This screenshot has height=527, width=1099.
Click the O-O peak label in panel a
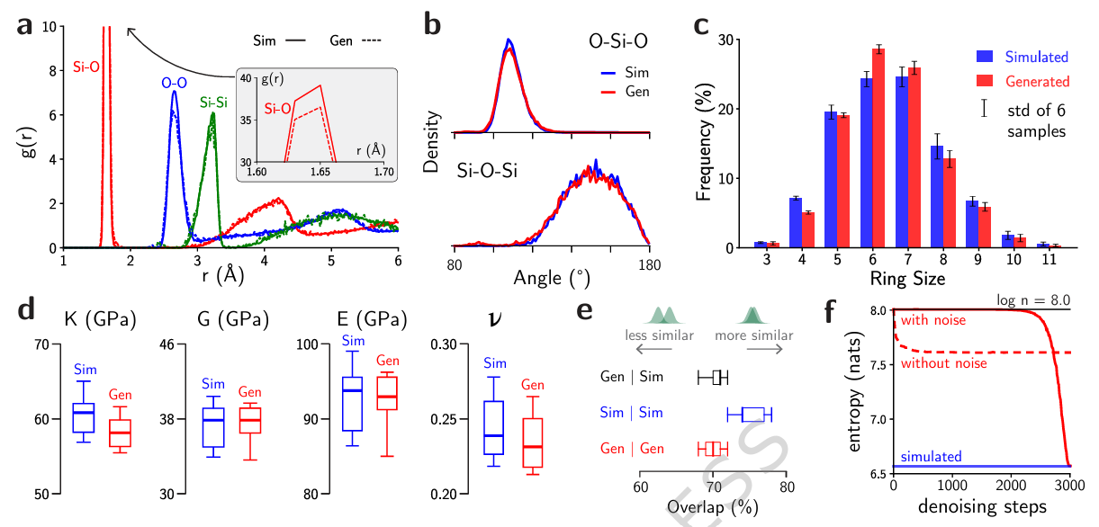(x=174, y=82)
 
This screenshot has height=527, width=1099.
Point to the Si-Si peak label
(x=212, y=103)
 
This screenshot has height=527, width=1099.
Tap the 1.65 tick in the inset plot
(x=320, y=170)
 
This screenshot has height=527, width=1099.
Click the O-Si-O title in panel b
(x=608, y=41)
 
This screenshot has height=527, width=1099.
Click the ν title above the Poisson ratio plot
(x=493, y=319)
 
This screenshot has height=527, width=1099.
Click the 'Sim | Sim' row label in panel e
(x=633, y=413)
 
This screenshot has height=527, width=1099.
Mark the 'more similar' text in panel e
(x=754, y=335)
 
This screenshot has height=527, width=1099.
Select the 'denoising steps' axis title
(x=980, y=506)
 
